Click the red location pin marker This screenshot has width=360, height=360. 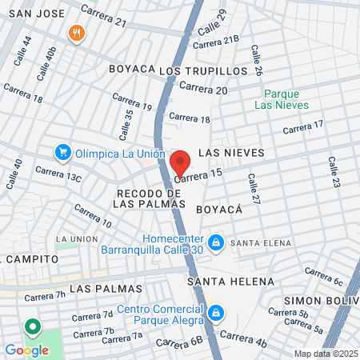coord(180,163)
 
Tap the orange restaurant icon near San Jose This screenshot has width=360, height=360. coord(77,33)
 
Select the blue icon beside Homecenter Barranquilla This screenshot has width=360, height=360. coord(214,242)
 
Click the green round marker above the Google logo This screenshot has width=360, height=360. coord(32,327)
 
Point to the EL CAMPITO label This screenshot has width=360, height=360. coord(31,259)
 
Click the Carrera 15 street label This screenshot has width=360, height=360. coord(198,176)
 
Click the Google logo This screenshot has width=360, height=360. coord(26,350)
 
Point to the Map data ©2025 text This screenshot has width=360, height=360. coord(323,354)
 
